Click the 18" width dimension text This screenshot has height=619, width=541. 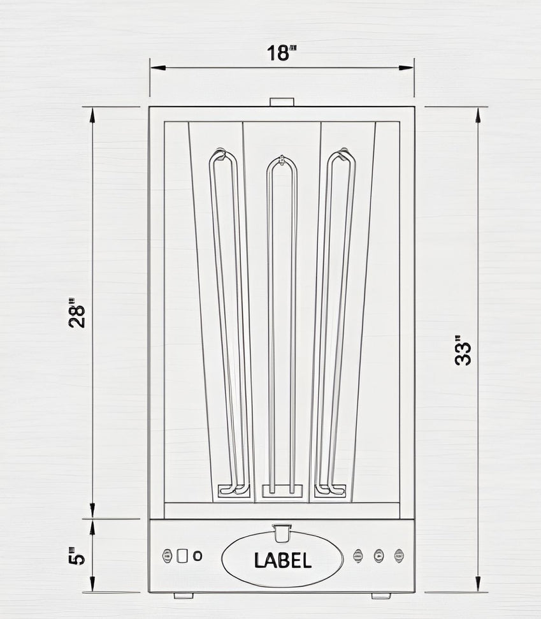pos(282,54)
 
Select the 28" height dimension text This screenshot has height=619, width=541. pos(77,312)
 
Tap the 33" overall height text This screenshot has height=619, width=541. pos(463,353)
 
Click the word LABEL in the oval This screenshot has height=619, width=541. pos(282,560)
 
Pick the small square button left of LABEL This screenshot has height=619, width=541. pos(183,555)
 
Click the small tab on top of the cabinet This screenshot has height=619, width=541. pos(281,102)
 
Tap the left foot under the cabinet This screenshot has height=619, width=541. pos(184,595)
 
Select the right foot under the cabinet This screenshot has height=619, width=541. pos(381,595)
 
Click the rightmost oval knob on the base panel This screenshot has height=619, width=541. pos(399,555)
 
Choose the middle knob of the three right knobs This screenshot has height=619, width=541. pos(379,555)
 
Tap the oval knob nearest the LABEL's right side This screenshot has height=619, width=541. pos(358,555)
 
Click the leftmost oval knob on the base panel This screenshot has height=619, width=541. pos(168,555)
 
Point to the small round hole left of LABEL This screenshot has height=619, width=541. pos(198,555)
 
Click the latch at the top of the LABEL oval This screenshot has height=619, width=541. pos(281,528)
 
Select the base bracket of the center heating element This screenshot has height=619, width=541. pos(282,490)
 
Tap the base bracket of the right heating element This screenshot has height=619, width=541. pos(330,490)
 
